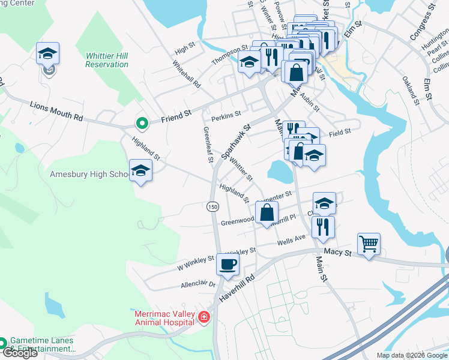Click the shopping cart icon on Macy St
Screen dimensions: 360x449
point(369,244)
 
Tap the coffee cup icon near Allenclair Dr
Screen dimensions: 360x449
point(228,263)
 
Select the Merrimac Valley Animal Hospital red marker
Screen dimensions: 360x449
point(204,317)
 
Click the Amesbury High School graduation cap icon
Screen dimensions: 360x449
point(140,170)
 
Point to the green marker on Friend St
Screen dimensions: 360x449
point(142,124)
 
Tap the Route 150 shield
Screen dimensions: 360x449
point(212,206)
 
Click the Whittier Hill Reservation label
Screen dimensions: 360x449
point(107,59)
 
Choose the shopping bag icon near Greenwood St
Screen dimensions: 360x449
point(267,212)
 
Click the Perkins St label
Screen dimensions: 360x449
point(226,113)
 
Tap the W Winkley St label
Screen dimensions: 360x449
point(195,261)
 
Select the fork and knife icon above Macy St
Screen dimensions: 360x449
point(323,227)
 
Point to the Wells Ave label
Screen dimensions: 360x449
point(292,240)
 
